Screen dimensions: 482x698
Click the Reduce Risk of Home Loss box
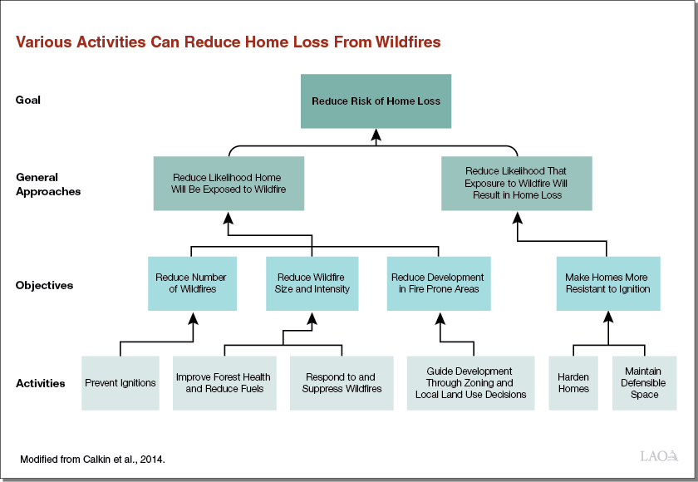click(376, 101)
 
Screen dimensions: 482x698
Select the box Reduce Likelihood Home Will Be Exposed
click(227, 184)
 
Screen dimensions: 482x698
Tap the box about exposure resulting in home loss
click(516, 183)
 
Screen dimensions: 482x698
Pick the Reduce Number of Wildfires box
click(192, 283)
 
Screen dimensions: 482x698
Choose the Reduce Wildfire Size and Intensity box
click(312, 283)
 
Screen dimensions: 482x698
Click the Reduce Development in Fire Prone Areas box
click(437, 283)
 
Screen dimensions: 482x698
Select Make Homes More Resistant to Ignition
click(607, 283)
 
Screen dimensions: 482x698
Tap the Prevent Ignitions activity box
click(120, 383)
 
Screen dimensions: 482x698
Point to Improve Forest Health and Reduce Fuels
click(223, 383)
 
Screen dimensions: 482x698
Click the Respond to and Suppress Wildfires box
click(342, 383)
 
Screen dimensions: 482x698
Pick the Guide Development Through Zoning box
click(470, 383)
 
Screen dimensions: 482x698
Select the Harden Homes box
click(573, 383)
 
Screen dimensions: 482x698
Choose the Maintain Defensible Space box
click(644, 383)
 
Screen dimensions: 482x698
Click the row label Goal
click(27, 100)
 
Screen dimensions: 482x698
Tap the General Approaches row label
click(48, 184)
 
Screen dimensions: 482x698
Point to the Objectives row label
click(44, 285)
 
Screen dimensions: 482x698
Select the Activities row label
click(41, 383)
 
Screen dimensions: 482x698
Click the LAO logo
click(660, 456)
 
